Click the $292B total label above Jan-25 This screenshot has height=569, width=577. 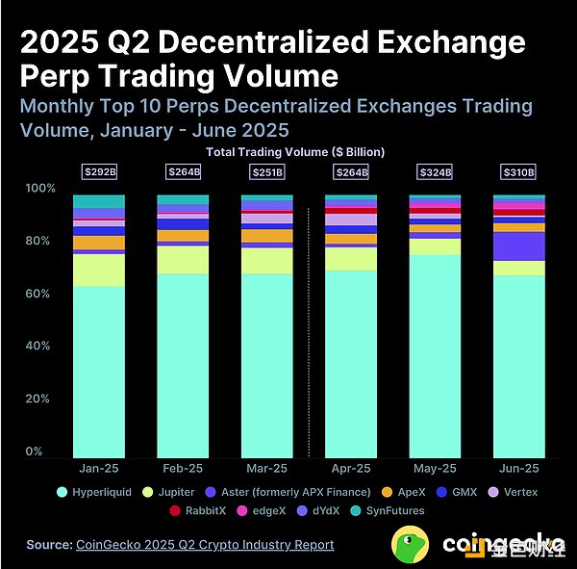pos(99,172)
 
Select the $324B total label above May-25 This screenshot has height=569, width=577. pos(435,172)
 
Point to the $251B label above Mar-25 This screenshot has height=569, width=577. pos(266,172)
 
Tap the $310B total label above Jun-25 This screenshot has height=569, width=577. pos(518,172)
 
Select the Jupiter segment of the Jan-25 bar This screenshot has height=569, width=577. pos(99,271)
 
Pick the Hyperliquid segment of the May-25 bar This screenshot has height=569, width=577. pos(435,356)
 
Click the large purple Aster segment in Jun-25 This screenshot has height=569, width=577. pos(518,246)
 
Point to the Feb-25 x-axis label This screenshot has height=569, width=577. pos(183,468)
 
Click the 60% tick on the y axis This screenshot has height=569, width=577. pos(36,294)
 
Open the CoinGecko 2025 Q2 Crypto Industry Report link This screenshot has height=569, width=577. pos(204,545)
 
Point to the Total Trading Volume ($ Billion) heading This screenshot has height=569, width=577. pos(295,152)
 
